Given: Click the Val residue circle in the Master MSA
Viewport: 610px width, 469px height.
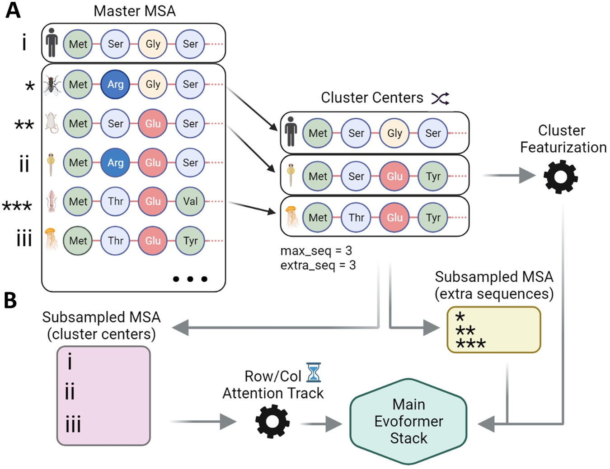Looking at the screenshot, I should (190, 201).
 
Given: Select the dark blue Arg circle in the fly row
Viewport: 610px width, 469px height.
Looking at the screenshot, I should (115, 84).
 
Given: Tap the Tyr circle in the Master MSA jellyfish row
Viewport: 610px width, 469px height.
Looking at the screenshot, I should (190, 241).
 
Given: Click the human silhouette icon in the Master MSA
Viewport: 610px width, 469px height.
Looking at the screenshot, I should (52, 43).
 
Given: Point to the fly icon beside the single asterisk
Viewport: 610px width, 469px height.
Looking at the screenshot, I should (52, 84).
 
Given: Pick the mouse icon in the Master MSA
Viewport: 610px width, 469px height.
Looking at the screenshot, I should (52, 123).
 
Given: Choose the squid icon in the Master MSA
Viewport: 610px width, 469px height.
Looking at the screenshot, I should (51, 201).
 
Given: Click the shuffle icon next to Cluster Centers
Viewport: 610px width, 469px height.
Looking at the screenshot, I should (440, 98).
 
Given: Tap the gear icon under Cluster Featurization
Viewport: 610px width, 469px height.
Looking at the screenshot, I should (560, 176).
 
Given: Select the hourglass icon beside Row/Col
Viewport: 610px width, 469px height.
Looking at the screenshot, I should (314, 372).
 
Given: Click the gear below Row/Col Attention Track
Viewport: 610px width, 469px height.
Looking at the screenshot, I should (272, 422).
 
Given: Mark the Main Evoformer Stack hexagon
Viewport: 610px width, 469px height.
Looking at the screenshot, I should (408, 421).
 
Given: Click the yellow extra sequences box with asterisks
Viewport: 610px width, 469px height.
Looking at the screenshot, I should (493, 330).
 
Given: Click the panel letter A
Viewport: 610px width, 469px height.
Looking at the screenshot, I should (13, 10).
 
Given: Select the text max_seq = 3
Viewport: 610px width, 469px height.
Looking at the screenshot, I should (316, 251).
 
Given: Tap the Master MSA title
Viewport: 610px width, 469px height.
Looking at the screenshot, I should (134, 11).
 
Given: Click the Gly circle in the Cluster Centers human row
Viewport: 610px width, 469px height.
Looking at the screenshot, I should (394, 133).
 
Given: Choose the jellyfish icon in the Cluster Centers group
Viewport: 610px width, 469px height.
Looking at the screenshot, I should (291, 217).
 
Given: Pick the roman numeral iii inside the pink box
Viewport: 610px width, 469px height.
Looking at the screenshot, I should (73, 424).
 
